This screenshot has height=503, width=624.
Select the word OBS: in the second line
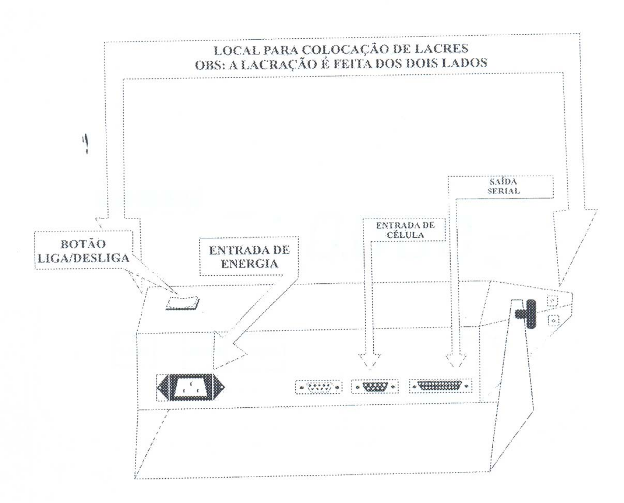(x=209, y=65)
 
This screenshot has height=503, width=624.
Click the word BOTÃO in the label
(x=83, y=244)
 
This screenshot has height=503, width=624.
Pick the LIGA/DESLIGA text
(x=83, y=258)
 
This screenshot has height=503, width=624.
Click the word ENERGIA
(x=250, y=264)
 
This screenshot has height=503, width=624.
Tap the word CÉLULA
(x=405, y=235)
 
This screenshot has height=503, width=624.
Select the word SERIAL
(x=504, y=191)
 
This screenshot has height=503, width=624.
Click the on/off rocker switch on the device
(x=183, y=304)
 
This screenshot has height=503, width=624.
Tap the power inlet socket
(x=191, y=387)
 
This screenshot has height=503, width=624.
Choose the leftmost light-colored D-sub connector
(x=319, y=387)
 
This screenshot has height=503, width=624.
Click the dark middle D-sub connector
(x=375, y=387)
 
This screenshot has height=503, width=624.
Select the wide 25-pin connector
(x=440, y=386)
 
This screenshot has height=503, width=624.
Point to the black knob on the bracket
(x=526, y=314)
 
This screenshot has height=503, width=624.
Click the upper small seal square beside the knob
(x=552, y=301)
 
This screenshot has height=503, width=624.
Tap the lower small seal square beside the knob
(x=554, y=321)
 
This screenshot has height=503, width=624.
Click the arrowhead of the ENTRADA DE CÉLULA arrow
(x=370, y=362)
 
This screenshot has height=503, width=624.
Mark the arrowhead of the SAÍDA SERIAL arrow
(x=456, y=360)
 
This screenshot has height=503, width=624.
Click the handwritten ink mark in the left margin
(x=86, y=144)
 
